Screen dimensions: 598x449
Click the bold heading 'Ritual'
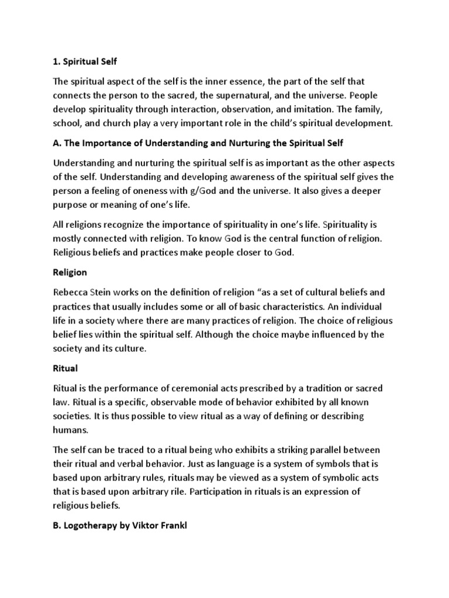[65, 369]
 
